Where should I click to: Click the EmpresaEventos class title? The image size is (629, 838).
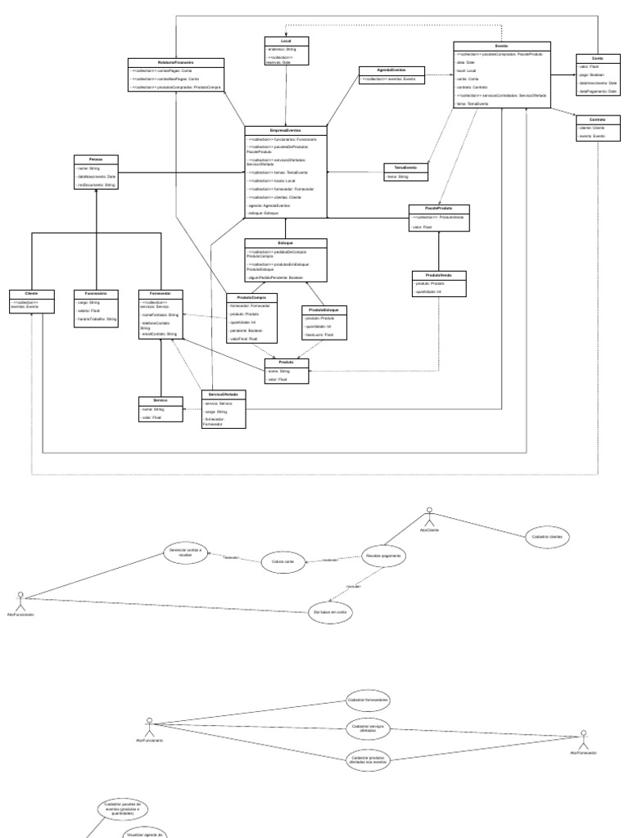(x=286, y=130)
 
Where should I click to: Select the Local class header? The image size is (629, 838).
(x=286, y=40)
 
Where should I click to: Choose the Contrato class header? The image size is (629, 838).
(x=596, y=119)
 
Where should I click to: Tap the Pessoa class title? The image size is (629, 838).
(x=97, y=158)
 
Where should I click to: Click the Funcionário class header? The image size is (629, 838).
(x=97, y=292)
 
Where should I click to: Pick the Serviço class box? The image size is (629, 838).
(x=161, y=408)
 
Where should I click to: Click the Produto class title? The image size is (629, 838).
(x=286, y=361)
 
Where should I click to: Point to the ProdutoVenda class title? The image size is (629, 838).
(x=438, y=274)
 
